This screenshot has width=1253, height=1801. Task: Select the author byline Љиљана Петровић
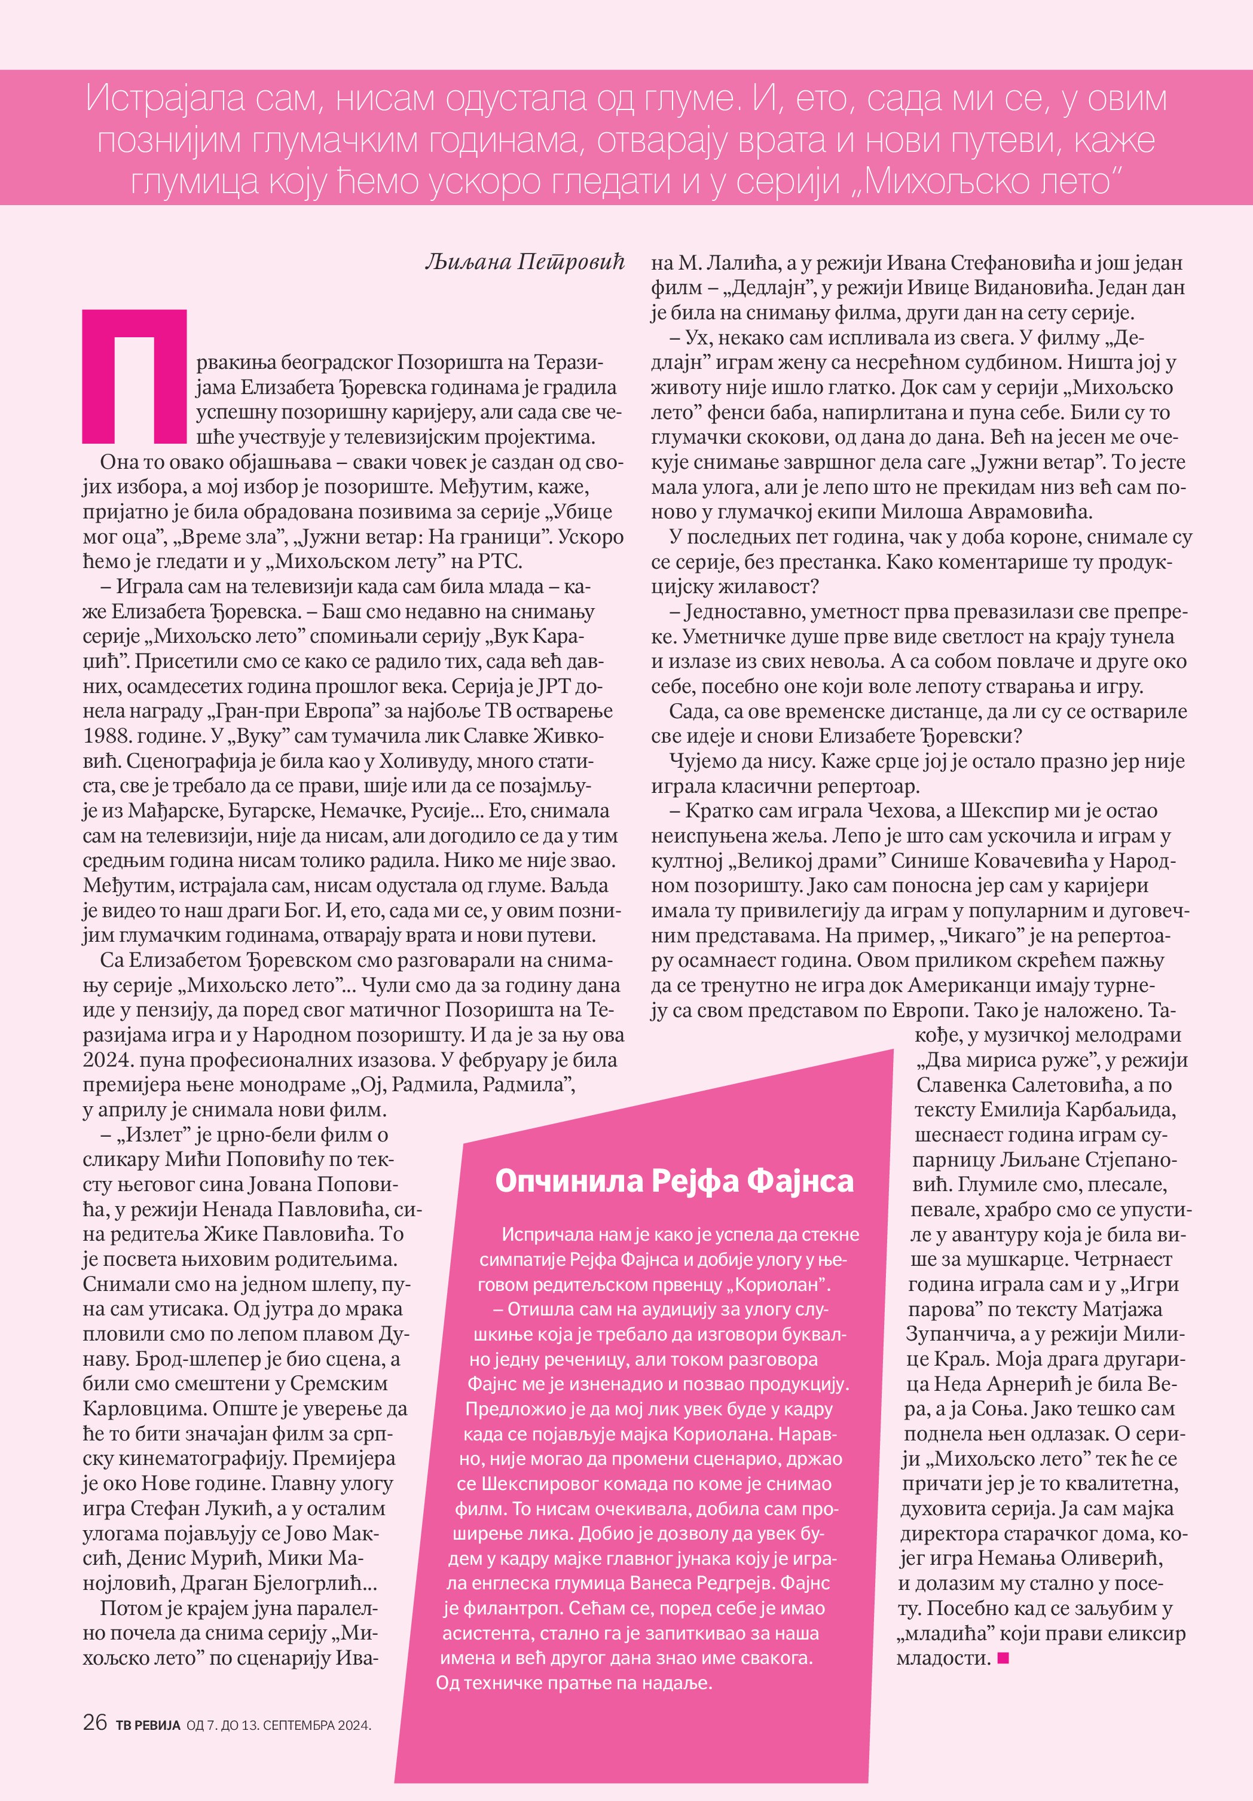[x=524, y=262]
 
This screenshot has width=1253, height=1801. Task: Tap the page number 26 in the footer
[x=95, y=1722]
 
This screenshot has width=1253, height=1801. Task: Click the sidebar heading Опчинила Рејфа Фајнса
[x=674, y=1180]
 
